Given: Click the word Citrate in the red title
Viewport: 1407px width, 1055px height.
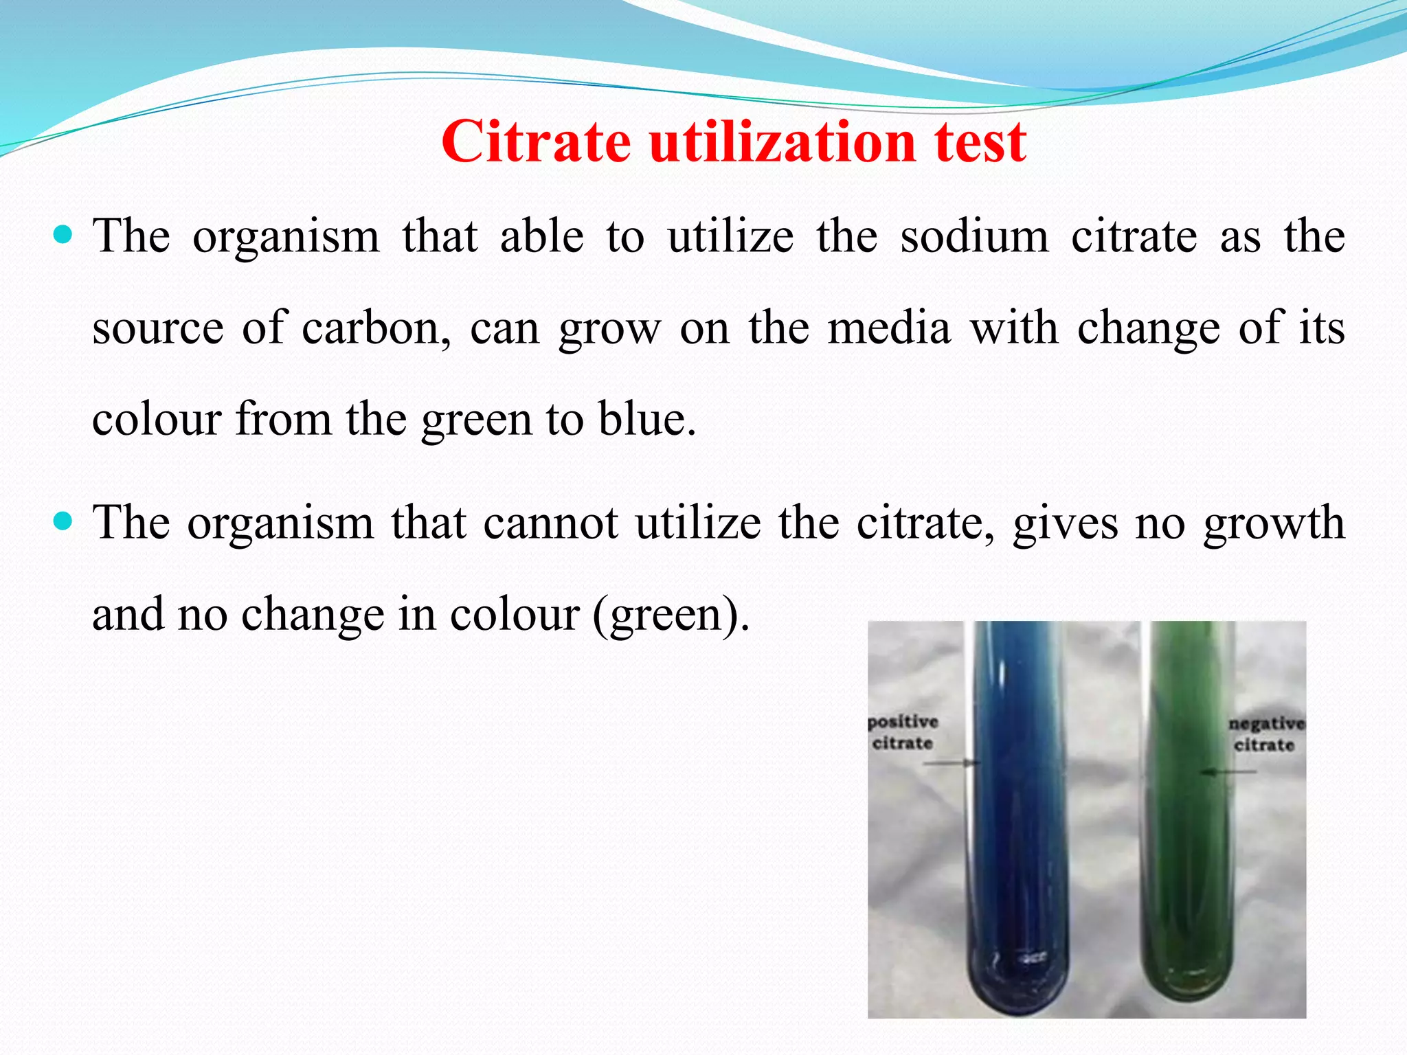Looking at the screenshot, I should click(x=536, y=142).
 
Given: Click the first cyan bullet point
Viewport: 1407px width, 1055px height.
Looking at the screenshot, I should click(x=63, y=236).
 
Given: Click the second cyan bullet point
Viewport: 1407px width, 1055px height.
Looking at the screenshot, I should click(x=63, y=522).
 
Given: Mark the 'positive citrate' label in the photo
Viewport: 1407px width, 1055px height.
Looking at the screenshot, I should click(x=903, y=732).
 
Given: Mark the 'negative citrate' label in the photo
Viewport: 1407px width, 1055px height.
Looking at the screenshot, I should click(x=1265, y=734).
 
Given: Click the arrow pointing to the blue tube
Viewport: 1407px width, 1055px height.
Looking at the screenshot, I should click(x=952, y=762).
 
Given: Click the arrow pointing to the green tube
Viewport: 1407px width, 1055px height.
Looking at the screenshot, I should click(x=1230, y=772).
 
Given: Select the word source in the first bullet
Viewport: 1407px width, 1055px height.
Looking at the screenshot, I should click(x=158, y=328).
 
